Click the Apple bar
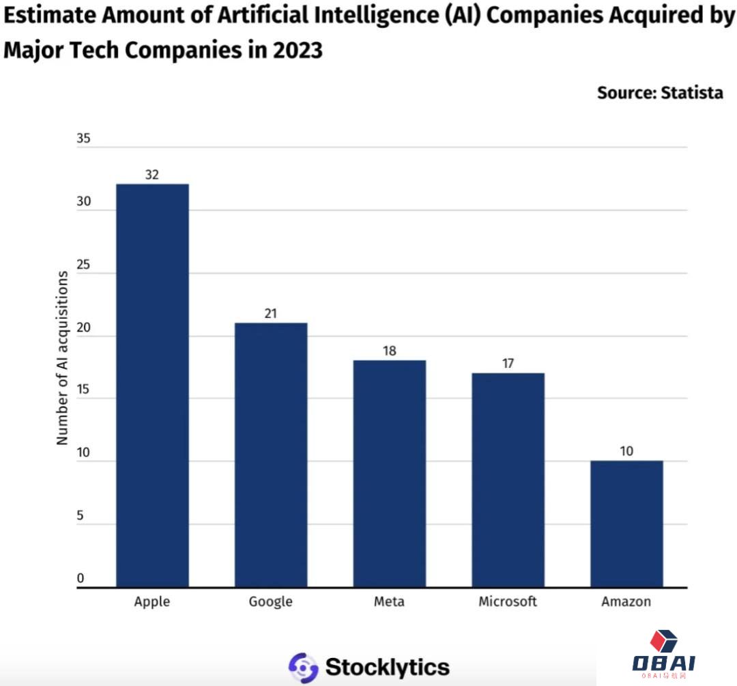tap(152, 386)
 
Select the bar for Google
tap(271, 455)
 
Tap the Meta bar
tap(389, 473)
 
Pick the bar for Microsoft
tap(508, 480)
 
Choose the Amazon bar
tap(626, 524)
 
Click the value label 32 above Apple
tap(151, 175)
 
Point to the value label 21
tap(271, 313)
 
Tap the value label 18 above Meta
tap(389, 351)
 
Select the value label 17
tap(508, 364)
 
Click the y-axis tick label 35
tap(83, 139)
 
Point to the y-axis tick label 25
tap(83, 264)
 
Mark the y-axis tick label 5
tap(80, 515)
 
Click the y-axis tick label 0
tap(80, 579)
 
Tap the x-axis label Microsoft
tap(508, 601)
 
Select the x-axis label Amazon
tap(626, 601)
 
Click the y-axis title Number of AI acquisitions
tap(63, 358)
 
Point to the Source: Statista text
tap(660, 93)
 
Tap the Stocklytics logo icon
tap(303, 667)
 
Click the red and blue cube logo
tap(663, 642)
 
